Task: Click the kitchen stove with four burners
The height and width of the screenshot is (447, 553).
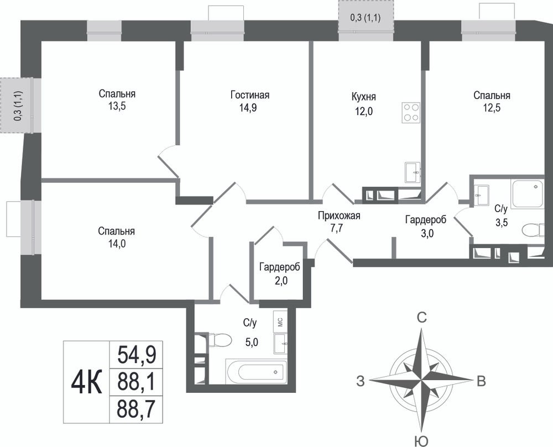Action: pyautogui.click(x=411, y=113)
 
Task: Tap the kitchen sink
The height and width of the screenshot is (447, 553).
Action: pyautogui.click(x=413, y=172)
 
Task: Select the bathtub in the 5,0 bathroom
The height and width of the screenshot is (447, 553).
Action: pyautogui.click(x=256, y=372)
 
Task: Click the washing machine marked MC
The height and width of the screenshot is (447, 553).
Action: pyautogui.click(x=280, y=322)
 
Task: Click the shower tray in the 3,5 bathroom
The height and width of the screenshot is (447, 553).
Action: pyautogui.click(x=528, y=193)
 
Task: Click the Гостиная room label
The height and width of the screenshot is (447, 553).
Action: pyautogui.click(x=250, y=95)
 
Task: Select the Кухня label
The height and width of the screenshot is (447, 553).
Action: pyautogui.click(x=364, y=97)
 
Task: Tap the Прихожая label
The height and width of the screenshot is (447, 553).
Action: pyautogui.click(x=339, y=215)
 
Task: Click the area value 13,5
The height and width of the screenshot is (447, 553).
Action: pyautogui.click(x=117, y=106)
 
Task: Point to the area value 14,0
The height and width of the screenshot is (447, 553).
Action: pyautogui.click(x=117, y=244)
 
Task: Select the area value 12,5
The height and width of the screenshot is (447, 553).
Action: pyautogui.click(x=492, y=107)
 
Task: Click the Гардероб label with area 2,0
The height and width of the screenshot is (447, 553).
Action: pyautogui.click(x=280, y=267)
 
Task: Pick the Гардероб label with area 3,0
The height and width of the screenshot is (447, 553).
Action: pyautogui.click(x=426, y=220)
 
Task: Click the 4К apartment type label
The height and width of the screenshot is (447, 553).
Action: pyautogui.click(x=86, y=383)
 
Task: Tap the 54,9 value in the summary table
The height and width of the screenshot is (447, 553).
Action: pyautogui.click(x=137, y=354)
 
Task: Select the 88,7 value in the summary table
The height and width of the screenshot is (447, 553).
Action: pyautogui.click(x=137, y=409)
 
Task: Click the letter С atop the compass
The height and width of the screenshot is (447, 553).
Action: pyautogui.click(x=422, y=318)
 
